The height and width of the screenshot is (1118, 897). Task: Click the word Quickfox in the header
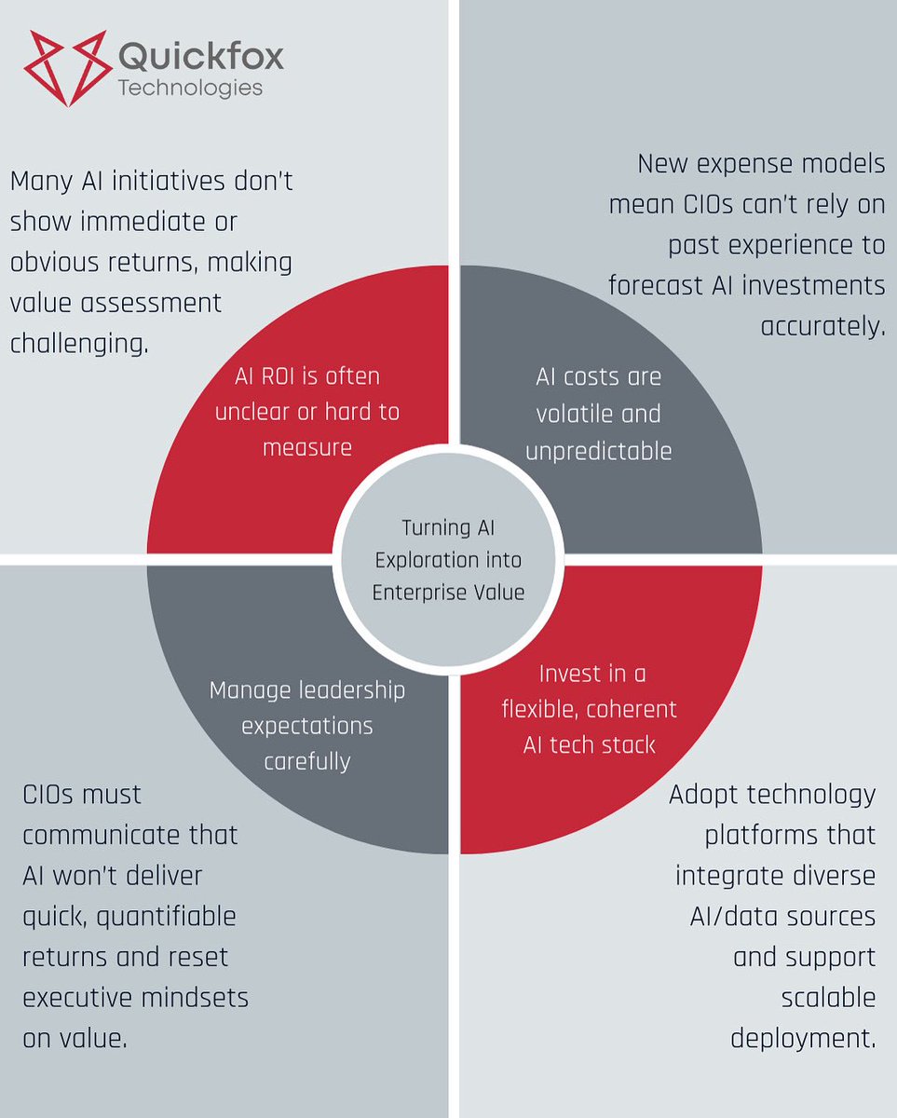(x=201, y=57)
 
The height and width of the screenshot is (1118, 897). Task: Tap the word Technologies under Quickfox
(x=190, y=89)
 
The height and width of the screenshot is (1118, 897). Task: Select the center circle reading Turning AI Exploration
(x=448, y=559)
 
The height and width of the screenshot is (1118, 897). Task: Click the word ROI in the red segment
(x=279, y=376)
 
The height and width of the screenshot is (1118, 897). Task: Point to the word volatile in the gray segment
(x=598, y=414)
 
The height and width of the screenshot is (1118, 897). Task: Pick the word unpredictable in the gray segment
(x=598, y=451)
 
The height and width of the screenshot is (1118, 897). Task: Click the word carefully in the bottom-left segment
(x=307, y=761)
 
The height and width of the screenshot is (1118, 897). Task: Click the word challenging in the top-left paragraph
(x=79, y=343)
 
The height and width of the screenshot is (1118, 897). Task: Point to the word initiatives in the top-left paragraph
(x=157, y=181)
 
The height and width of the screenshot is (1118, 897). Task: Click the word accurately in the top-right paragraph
(x=822, y=326)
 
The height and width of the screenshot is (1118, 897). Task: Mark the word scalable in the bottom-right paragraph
(x=829, y=998)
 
